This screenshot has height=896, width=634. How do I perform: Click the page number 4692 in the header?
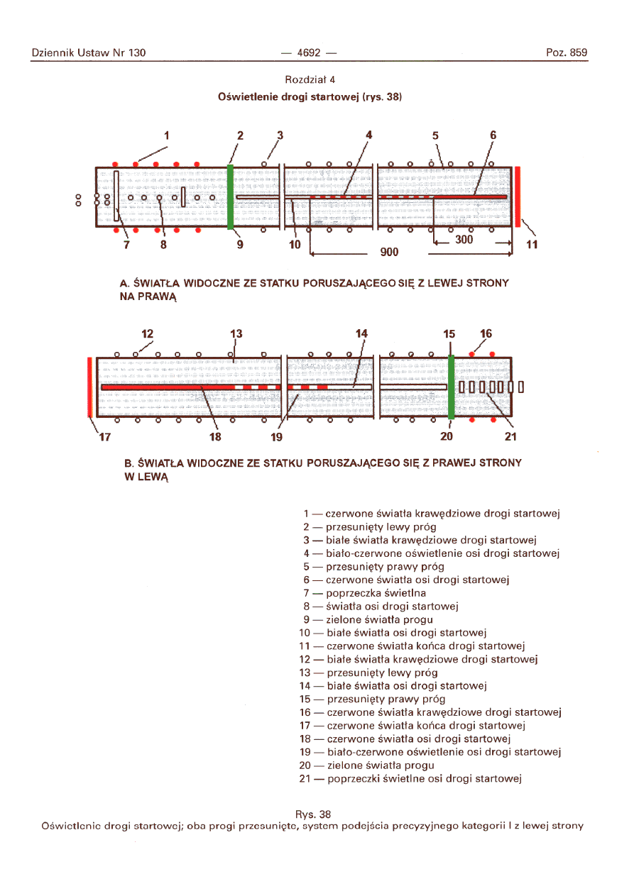pos(308,52)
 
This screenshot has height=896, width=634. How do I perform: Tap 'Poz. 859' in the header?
pos(567,52)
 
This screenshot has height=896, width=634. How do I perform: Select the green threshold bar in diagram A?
pos(230,197)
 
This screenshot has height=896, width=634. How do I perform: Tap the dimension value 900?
pos(389,252)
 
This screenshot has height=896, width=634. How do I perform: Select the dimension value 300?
pos(464,240)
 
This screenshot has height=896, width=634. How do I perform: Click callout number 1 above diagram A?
pos(168,135)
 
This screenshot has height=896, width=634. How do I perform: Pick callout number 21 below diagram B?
pos(510,436)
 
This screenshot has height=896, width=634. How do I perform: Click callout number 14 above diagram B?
pos(362,333)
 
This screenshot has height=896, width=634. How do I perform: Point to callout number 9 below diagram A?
pos(240,245)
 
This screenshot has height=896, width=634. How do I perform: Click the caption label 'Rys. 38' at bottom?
pos(312,814)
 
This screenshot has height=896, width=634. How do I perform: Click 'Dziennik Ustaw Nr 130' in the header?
pos(89,52)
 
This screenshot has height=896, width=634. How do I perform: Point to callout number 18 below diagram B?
pos(215,436)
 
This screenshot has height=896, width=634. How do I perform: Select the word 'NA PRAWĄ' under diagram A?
pos(147,296)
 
